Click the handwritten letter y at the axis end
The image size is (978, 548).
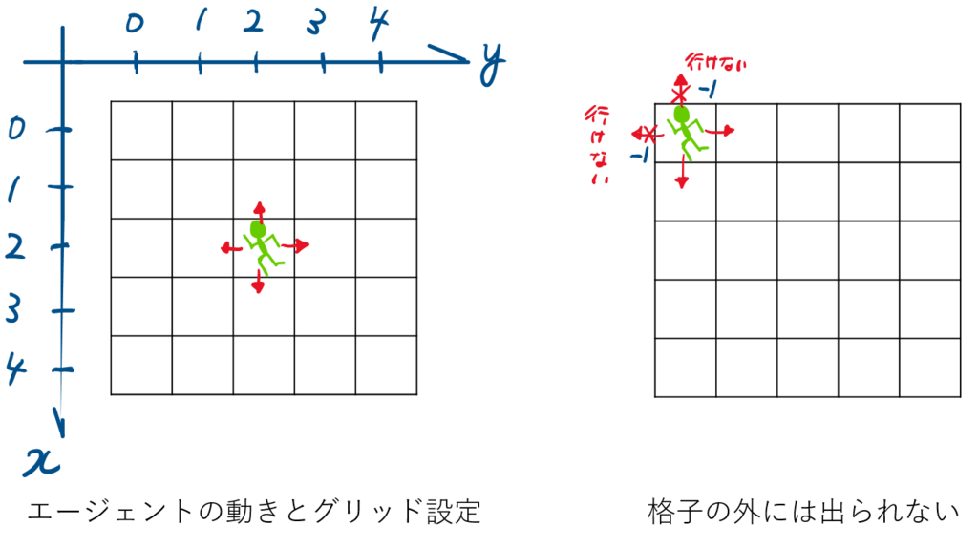tap(492, 64)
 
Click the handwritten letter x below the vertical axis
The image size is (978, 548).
tap(42, 461)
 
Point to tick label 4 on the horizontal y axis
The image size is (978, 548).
tap(378, 24)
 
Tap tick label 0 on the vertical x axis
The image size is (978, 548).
tap(17, 129)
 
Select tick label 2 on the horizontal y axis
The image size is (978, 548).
tap(252, 22)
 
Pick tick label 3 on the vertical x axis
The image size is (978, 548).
tap(13, 308)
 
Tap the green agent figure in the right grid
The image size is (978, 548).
tap(687, 132)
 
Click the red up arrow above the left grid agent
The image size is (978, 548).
tap(259, 212)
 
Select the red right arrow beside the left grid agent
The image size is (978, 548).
tap(295, 245)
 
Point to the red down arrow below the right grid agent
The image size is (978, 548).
tap(682, 172)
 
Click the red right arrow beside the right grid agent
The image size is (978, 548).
tap(720, 131)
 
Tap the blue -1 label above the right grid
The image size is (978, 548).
tap(708, 91)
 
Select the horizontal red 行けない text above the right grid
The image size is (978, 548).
tap(715, 62)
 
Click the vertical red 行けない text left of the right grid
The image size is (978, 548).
tap(598, 145)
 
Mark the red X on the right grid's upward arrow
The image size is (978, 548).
tap(679, 95)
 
